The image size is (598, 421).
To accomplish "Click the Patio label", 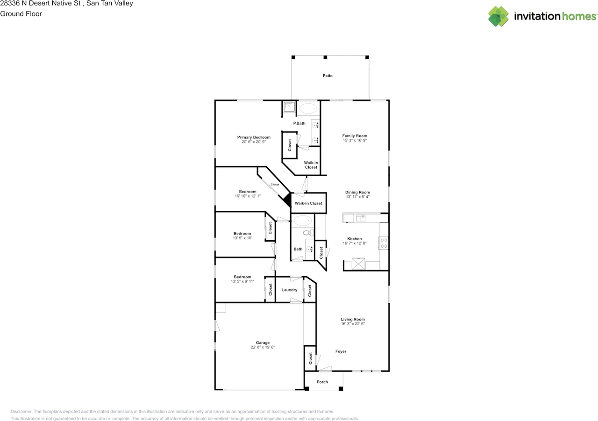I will click(327, 76).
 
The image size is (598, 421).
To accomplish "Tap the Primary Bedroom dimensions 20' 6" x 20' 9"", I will click(254, 142).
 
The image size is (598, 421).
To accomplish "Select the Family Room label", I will click(355, 136).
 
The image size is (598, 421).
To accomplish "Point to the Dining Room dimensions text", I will click(357, 197).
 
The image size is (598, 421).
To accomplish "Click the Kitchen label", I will click(355, 239).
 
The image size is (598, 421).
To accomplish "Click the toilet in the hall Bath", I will click(307, 232).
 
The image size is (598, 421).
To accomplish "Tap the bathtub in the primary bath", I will click(307, 109).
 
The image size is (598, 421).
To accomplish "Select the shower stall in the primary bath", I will click(289, 108).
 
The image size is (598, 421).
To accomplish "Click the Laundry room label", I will click(290, 290).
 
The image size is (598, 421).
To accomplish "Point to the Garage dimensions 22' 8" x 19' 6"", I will click(263, 347).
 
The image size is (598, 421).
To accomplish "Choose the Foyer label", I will click(341, 351).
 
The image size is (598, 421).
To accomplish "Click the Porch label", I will click(322, 382).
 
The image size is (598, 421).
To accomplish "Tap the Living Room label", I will click(353, 320).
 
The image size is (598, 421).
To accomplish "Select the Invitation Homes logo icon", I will click(498, 16).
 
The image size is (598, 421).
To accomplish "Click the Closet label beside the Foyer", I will click(310, 358).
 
